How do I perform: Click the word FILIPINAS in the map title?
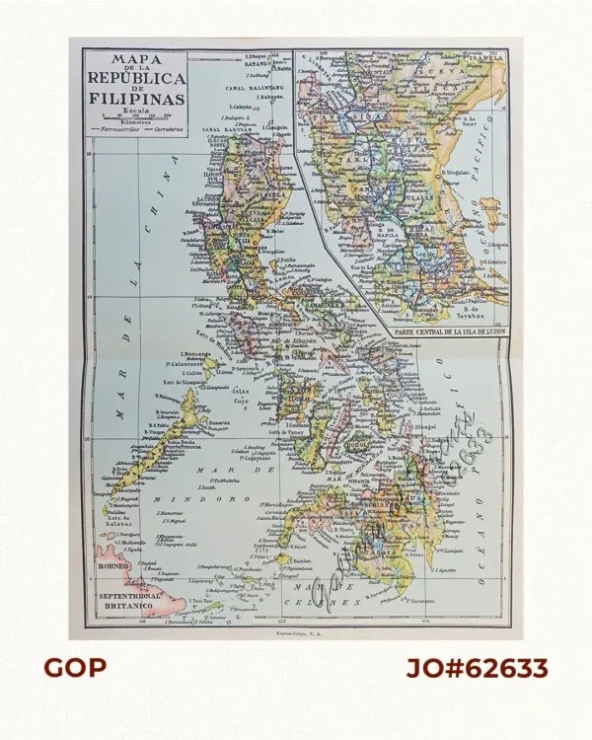pos(136,98)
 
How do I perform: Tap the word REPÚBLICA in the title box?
pos(136,76)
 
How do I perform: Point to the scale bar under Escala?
pos(136,118)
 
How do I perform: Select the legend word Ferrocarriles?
pos(114,129)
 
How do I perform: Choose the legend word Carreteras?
pos(161,129)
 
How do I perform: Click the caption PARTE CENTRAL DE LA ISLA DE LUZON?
pos(447,333)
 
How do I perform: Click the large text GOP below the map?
pos(75,669)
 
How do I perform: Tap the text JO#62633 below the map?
pos(478,669)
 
